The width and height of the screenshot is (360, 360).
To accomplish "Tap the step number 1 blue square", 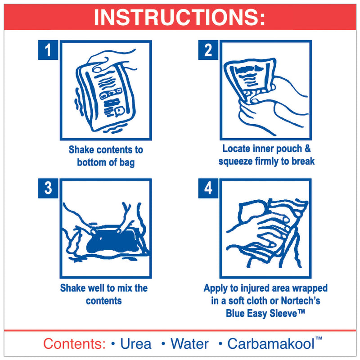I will point(48,50).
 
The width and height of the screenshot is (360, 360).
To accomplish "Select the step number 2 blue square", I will point(208,50).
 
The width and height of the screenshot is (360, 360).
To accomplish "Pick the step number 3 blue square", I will point(48,188).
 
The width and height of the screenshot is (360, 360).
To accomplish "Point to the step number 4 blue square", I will point(208,188).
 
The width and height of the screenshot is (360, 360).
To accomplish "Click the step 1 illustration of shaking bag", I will point(106,90).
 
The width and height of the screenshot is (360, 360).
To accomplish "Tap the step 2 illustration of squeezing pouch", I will point(265,90).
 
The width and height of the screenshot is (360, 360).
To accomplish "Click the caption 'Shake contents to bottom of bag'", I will point(106,156).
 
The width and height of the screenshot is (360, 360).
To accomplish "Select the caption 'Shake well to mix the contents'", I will point(104,294).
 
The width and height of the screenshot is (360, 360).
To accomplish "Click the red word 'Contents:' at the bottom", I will point(75,344).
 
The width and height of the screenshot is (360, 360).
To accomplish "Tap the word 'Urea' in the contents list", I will point(136,344).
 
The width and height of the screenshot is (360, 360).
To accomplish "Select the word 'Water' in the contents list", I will point(189,344).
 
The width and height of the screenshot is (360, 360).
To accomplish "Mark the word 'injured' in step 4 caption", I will point(258,288).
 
